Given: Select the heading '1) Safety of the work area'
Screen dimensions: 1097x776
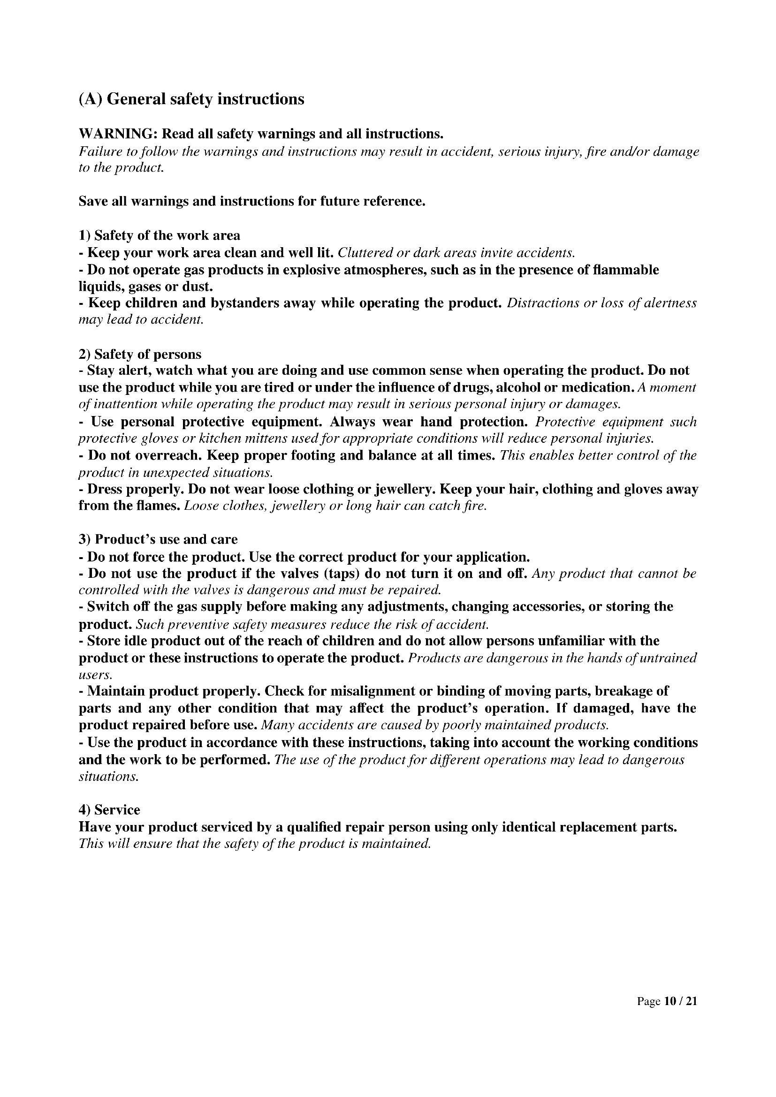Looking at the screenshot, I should click(159, 235).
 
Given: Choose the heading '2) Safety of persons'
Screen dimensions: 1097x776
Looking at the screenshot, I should click(140, 354).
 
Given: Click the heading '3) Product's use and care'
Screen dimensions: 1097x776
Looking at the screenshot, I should click(158, 539).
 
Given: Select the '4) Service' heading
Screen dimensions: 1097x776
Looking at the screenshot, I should click(109, 810).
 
